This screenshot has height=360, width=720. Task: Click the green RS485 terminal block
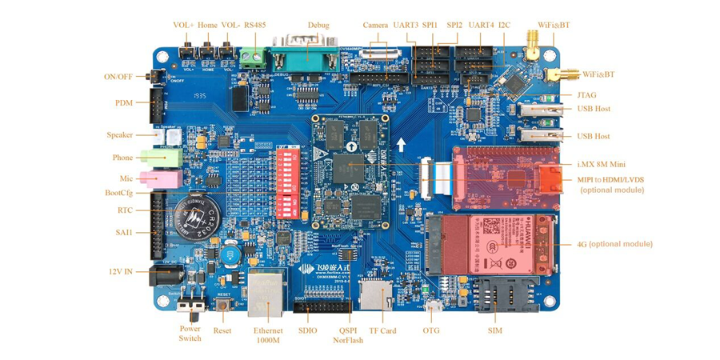pyautogui.click(x=254, y=58)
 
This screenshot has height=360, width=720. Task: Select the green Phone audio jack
pyautogui.click(x=161, y=158)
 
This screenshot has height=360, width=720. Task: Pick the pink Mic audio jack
pyautogui.click(x=159, y=178)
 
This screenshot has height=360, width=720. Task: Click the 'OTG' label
pyautogui.click(x=431, y=330)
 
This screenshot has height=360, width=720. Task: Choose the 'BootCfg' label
pyautogui.click(x=118, y=193)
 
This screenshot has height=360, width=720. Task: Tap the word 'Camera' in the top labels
pyautogui.click(x=375, y=25)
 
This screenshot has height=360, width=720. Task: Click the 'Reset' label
pyautogui.click(x=222, y=330)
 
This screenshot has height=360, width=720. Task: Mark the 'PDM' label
pyautogui.click(x=123, y=102)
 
